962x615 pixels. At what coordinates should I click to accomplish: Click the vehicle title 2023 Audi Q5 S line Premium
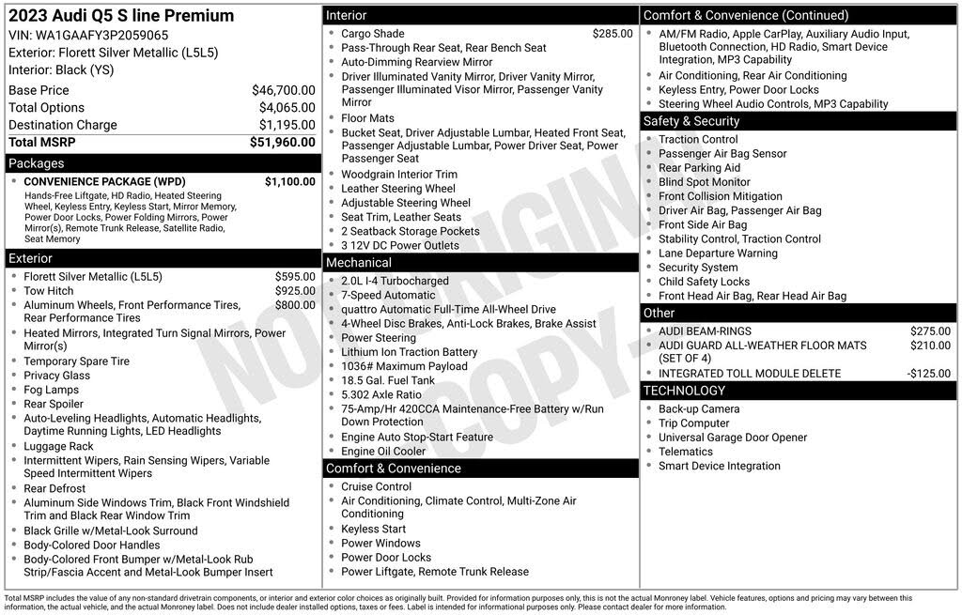tap(121, 16)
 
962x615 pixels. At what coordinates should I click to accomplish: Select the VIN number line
tap(88, 35)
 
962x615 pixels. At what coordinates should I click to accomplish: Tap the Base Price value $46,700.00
tap(283, 90)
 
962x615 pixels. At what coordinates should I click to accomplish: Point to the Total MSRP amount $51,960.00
tap(282, 143)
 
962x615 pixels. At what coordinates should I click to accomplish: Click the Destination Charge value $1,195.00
tap(287, 125)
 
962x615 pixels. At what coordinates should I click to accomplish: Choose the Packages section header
tap(37, 163)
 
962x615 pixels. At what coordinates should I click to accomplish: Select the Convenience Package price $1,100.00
tap(289, 181)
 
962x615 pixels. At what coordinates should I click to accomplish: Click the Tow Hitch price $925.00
tap(295, 291)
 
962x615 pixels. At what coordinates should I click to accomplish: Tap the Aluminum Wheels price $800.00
tap(295, 305)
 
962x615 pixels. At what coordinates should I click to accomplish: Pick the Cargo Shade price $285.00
tap(613, 34)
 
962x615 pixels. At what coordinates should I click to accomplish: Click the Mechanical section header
tap(359, 263)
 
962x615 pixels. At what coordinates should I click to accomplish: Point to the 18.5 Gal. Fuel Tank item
tap(388, 380)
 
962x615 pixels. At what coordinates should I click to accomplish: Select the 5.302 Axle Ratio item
tap(380, 395)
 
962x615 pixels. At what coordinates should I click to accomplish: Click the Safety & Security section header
tap(691, 121)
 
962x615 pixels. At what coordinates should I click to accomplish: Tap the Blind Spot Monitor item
tap(704, 182)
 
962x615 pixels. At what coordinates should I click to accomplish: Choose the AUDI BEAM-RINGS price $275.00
tap(930, 331)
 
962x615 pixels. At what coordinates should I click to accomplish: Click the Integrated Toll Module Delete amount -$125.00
tap(928, 373)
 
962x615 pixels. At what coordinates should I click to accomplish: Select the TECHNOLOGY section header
tap(684, 391)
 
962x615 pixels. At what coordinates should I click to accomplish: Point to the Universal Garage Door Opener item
tap(732, 438)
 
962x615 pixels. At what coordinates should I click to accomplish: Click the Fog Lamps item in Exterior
tap(51, 390)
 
